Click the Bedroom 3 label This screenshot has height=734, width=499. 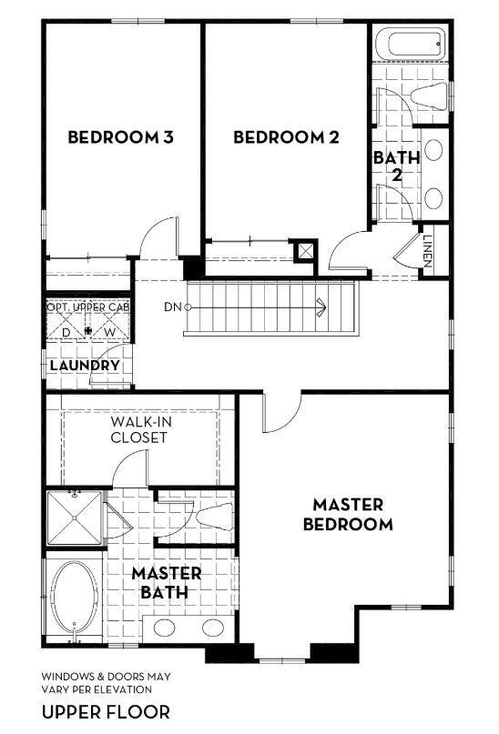tap(120, 138)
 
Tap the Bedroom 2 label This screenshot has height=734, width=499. tap(286, 138)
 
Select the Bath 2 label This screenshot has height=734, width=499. tap(396, 166)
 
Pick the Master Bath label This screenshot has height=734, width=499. tap(166, 582)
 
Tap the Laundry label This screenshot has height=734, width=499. tap(85, 366)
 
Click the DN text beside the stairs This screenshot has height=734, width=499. tap(173, 307)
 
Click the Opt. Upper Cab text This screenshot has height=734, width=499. tap(87, 308)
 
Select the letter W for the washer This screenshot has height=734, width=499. tap(109, 331)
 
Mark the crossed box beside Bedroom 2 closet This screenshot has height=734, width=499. tap(306, 249)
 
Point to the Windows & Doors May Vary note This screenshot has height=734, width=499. tap(106, 682)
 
